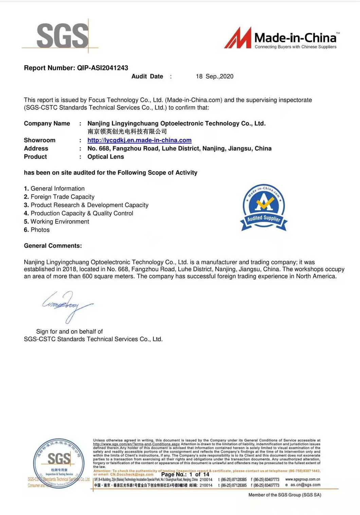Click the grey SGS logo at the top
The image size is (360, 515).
coord(62,36)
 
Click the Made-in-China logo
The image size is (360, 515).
coord(282,38)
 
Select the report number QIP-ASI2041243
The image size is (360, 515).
coord(103,68)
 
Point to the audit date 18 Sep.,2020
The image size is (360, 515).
coord(215,76)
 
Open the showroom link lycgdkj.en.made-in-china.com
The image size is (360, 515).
coord(139,140)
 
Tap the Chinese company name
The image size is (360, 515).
coord(127,131)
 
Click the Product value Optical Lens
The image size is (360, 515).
coord(106,157)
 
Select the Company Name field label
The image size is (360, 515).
coord(47,124)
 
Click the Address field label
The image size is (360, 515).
coord(36,148)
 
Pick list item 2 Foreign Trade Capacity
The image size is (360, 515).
coord(59,197)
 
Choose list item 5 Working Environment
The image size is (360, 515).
coord(56,222)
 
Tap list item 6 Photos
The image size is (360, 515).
coord(37,230)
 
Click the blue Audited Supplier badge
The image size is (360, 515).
coord(264,208)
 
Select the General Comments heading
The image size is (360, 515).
coord(53,246)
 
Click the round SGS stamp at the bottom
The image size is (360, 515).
coord(59,463)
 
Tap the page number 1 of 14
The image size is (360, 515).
coord(199,475)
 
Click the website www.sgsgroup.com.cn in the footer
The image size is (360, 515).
coord(303,479)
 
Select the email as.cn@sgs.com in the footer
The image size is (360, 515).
coord(305,485)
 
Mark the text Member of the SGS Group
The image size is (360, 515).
coord(285,495)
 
